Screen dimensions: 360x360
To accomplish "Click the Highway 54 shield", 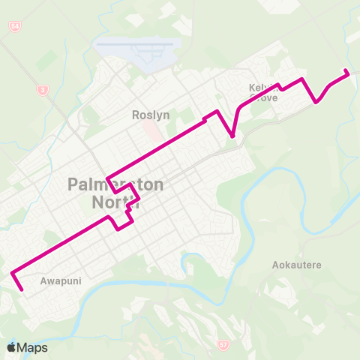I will point(15,26).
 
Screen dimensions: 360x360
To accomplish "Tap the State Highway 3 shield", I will point(43,90).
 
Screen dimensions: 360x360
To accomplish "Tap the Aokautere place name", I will point(298,265).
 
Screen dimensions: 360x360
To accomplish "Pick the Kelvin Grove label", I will point(264,92).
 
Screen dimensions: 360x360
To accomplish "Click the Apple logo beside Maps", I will point(12,347).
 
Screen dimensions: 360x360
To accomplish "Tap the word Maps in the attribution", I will point(33,348).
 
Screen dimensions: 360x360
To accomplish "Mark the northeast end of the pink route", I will point(346,72).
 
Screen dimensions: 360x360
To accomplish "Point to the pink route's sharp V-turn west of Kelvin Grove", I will point(233,136).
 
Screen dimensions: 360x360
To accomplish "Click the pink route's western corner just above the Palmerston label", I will point(108,179).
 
